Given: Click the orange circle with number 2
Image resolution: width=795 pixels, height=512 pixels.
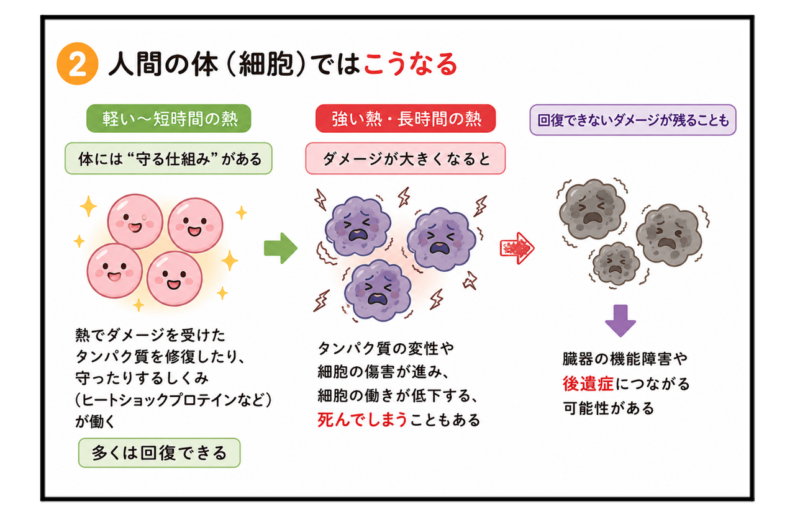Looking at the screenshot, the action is coord(78,64).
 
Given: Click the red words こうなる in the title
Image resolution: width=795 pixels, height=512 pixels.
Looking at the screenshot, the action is coord(411,65).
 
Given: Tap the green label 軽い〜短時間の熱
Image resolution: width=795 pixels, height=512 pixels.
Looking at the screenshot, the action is coord(169,119).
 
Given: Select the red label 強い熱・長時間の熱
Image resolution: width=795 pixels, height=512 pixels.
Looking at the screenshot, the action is coord(406,119).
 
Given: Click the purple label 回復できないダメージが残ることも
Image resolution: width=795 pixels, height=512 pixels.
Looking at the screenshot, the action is coord(633,120).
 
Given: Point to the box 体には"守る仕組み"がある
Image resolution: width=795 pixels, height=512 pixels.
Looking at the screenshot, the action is coord(168,158).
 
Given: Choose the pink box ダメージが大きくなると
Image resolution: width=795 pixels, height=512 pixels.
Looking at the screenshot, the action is coord(406,158).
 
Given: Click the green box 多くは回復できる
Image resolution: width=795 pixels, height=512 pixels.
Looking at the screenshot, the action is coord(160,453).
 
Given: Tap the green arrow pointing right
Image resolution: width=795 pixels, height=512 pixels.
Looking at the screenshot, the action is coord(280,248).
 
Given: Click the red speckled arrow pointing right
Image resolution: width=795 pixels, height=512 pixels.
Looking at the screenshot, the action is coord(517,248).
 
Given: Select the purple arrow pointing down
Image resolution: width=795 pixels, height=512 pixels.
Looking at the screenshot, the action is coord(620,321).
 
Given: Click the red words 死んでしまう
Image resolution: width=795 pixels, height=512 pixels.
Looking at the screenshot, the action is coord(362,420).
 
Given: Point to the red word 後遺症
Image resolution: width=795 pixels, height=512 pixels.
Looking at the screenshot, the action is coord(588,384).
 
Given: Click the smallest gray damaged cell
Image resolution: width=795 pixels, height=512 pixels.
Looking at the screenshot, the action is coord(616,264).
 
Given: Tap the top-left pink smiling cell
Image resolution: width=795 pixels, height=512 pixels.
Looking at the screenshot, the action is coord(135,222).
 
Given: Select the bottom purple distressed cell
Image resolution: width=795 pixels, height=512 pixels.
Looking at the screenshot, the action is coord(378,290).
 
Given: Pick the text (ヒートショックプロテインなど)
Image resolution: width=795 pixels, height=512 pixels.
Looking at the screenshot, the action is coord(173,400).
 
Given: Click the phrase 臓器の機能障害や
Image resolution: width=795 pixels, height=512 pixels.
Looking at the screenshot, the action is coord(625,359).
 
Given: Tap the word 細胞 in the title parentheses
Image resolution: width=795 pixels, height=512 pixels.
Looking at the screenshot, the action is coord(266,65).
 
